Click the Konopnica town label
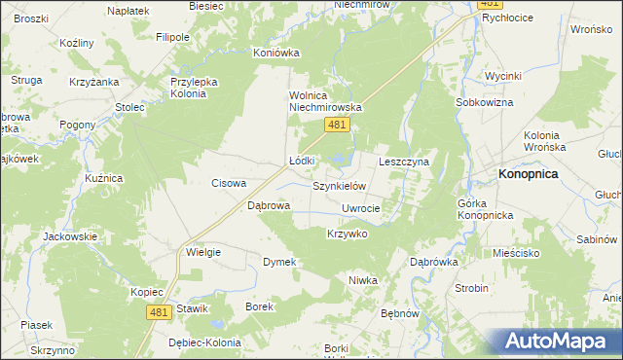tap(530, 174)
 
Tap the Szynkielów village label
tap(338, 186)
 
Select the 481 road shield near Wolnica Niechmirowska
tap(337, 125)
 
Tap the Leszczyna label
tap(404, 162)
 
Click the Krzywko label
tap(347, 234)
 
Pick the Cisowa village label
tap(229, 183)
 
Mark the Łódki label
tap(302, 161)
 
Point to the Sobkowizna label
tap(483, 102)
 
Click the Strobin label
tap(472, 288)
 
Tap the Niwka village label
tap(362, 280)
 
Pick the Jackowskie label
tap(71, 236)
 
